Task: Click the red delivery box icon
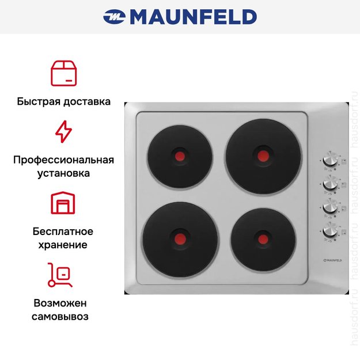click(x=63, y=73)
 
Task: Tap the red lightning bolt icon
click(x=63, y=132)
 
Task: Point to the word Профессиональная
click(x=63, y=160)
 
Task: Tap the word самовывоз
click(x=63, y=316)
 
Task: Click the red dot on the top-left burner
click(x=180, y=156)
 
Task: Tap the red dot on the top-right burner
click(x=263, y=155)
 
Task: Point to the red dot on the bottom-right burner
click(x=263, y=237)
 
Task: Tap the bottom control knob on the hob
click(x=330, y=230)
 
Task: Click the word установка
click(x=63, y=172)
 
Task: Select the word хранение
click(x=63, y=245)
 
